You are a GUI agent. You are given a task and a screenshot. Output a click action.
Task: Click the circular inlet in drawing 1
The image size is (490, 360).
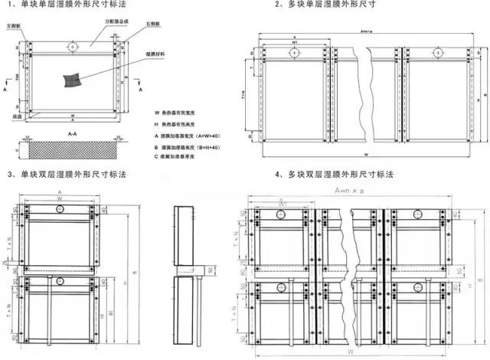coord(71,47)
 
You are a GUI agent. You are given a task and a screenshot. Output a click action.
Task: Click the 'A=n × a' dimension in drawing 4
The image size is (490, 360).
coord(346,189)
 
